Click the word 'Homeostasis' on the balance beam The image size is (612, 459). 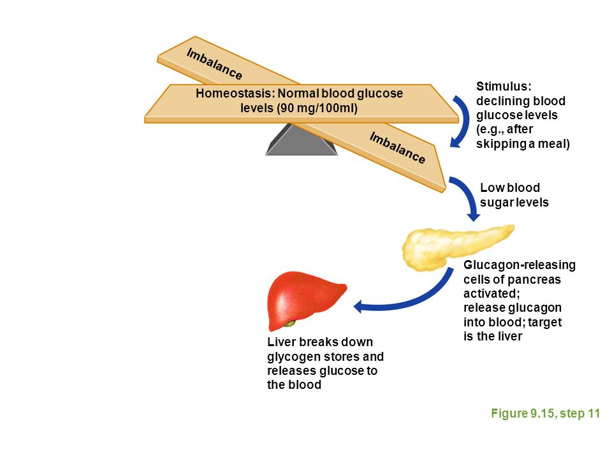(233, 94)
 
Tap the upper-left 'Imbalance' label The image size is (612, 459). (214, 64)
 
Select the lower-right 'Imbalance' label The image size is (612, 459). (397, 148)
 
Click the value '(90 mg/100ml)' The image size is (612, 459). (317, 108)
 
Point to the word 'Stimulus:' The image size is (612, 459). (504, 86)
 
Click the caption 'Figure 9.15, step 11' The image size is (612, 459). (545, 413)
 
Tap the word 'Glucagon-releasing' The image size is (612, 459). (520, 265)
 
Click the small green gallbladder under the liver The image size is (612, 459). (289, 323)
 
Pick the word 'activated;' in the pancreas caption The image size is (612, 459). (492, 293)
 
